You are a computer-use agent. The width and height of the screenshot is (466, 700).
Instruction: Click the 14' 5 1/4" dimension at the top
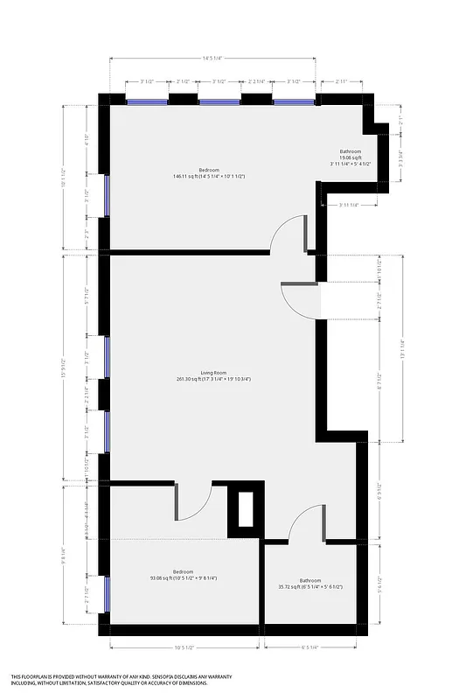212,58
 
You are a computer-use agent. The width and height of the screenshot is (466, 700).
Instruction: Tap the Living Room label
213,375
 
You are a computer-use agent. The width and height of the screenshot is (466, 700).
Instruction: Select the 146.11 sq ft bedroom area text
208,176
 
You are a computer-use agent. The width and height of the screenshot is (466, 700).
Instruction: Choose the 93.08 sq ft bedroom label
183,577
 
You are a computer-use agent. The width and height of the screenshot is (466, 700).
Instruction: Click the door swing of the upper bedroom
288,234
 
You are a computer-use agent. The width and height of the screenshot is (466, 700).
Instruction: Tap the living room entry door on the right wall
301,301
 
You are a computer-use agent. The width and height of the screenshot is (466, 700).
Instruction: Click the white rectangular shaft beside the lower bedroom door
245,509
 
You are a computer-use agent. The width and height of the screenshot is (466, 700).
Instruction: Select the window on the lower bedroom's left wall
106,595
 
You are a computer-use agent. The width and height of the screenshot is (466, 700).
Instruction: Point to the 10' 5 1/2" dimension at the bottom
184,647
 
